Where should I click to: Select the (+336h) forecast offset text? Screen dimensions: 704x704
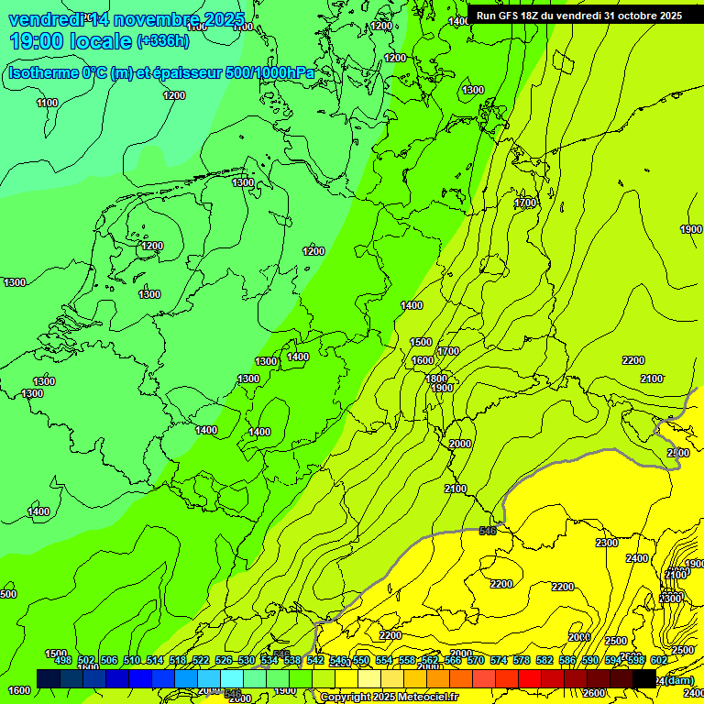164,41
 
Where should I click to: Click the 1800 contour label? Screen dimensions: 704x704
436,379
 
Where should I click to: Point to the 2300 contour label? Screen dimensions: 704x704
607,543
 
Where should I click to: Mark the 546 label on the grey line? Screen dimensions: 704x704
488,530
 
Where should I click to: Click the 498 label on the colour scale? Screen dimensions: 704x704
62,660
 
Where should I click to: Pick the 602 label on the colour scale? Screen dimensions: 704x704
658,660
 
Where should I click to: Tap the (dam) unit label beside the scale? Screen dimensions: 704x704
679,680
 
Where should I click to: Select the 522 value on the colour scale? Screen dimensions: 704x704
200,660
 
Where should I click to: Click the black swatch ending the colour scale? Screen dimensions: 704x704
644,678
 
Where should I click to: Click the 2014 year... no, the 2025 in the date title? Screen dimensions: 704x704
220,20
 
